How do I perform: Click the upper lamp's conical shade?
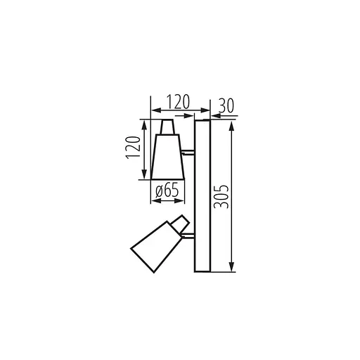click(167, 156)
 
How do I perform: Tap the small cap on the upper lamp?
click(167, 127)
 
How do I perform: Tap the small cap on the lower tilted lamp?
click(181, 223)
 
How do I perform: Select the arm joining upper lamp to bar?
click(188, 151)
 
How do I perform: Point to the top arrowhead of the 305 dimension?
click(231, 123)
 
